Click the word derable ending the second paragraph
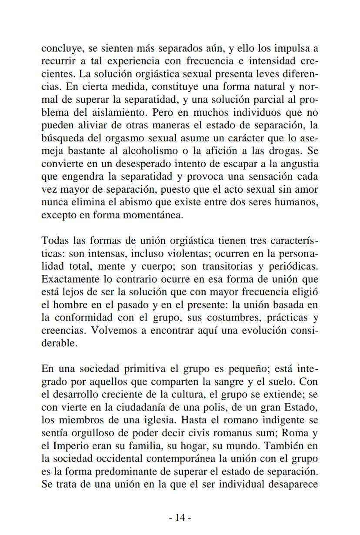[x=59, y=343]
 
